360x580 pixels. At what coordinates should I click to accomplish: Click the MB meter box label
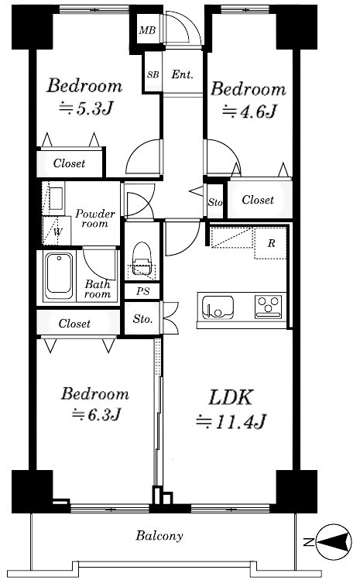pyautogui.click(x=147, y=30)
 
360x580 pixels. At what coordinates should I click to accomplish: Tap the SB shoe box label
pyautogui.click(x=153, y=74)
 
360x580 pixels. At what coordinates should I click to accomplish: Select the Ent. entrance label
pyautogui.click(x=183, y=74)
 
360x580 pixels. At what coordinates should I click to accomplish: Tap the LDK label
pyautogui.click(x=231, y=398)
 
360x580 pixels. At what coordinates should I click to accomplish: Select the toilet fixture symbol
pyautogui.click(x=142, y=259)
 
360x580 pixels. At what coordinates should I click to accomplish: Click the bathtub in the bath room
pyautogui.click(x=59, y=275)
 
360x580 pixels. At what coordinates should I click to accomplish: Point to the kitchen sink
pyautogui.click(x=218, y=307)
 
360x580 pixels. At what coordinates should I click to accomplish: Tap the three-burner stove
pyautogui.click(x=268, y=307)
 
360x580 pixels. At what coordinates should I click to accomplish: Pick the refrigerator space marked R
pyautogui.click(x=271, y=243)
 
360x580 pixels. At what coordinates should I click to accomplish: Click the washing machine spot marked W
pyautogui.click(x=57, y=232)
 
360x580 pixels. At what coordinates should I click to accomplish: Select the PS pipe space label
pyautogui.click(x=142, y=291)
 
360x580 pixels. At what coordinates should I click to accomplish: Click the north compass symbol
pyautogui.click(x=334, y=543)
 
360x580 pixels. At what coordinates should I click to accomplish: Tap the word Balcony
pyautogui.click(x=159, y=536)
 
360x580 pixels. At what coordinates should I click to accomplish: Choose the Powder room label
pyautogui.click(x=95, y=218)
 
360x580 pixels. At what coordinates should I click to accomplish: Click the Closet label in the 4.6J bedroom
pyautogui.click(x=258, y=200)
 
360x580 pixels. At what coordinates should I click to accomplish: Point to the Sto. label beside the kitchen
pyautogui.click(x=142, y=318)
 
